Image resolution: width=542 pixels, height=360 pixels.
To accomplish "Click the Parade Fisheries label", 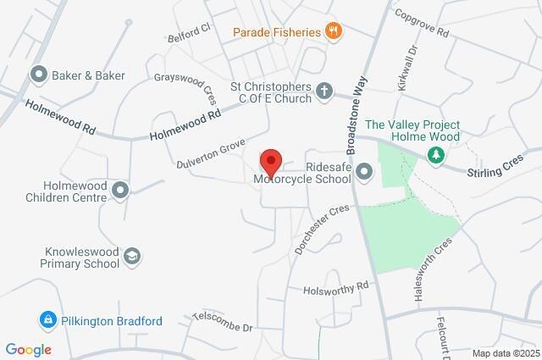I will (x=278, y=33).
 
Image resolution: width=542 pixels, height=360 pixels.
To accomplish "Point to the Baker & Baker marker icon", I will (x=38, y=75).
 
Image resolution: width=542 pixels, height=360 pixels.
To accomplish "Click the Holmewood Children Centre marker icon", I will (x=119, y=190).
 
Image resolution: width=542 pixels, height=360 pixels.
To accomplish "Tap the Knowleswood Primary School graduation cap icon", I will (x=132, y=256).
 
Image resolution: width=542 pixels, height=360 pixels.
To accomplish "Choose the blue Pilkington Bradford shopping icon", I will (x=47, y=321).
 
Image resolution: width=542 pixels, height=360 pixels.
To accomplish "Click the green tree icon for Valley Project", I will (x=435, y=155).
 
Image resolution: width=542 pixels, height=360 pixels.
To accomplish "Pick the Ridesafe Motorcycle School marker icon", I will (x=365, y=173).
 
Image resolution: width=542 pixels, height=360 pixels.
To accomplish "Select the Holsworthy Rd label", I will (x=337, y=288).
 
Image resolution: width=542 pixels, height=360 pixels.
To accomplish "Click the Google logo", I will (x=28, y=349).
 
